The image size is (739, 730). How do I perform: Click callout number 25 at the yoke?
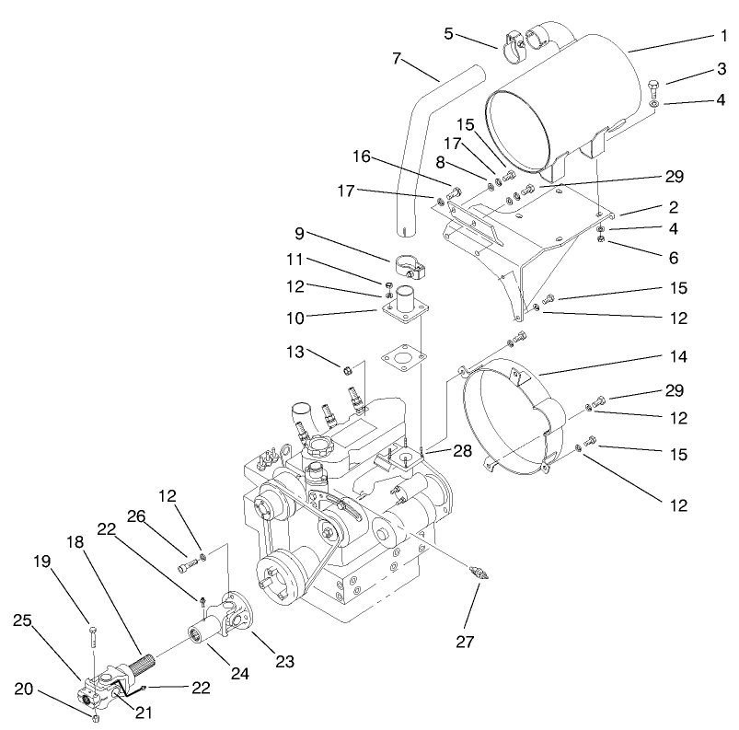pyautogui.click(x=23, y=622)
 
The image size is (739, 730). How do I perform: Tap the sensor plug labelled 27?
pyautogui.click(x=479, y=571)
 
